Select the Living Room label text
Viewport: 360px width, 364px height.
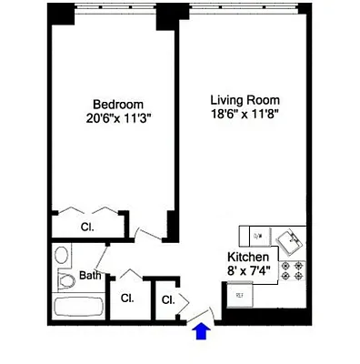pos(245,98)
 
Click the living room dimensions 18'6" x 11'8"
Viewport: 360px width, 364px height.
pos(245,113)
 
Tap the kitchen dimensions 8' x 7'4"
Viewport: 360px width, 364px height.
pos(247,270)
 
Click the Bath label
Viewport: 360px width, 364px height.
pos(90,275)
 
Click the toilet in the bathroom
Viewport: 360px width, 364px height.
pos(66,278)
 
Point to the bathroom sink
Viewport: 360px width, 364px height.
pos(61,254)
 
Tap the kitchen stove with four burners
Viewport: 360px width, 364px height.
pos(295,270)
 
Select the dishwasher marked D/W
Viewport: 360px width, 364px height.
pos(257,237)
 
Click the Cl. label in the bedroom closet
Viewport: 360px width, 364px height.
pos(88,227)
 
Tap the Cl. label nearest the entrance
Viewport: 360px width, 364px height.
pos(168,299)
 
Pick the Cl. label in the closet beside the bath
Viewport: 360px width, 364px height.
pos(127,298)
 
